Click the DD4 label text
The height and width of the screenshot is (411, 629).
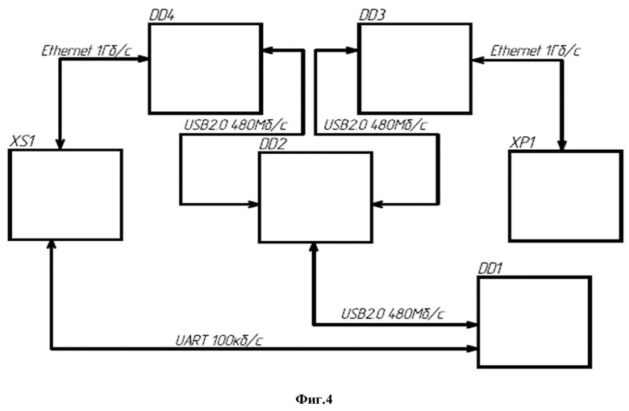[161, 15]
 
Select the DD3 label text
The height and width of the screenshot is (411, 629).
[372, 15]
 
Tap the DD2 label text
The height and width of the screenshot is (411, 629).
[273, 144]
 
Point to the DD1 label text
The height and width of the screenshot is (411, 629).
[490, 268]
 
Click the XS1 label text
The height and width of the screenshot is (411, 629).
[23, 141]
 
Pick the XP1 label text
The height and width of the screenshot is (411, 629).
[523, 143]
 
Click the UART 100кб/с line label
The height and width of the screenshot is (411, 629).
[219, 340]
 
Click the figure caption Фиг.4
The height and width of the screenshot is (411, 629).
[314, 400]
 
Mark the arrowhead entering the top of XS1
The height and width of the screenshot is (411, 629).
[60, 144]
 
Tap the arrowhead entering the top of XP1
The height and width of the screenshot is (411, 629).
[562, 146]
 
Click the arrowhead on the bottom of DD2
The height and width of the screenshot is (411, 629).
[314, 247]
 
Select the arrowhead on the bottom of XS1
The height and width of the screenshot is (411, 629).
[52, 246]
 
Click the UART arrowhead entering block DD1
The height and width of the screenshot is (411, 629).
[473, 349]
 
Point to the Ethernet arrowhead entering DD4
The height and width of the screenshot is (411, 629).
[144, 60]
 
